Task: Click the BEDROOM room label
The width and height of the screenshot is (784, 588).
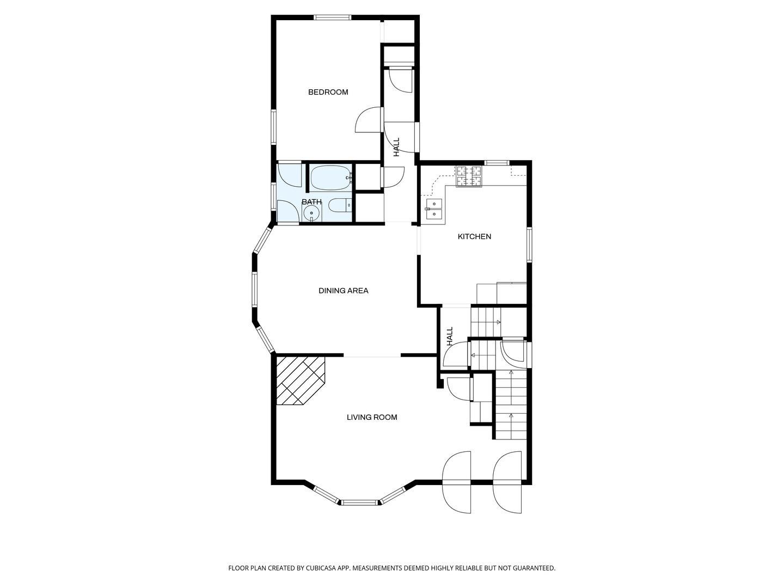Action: pyautogui.click(x=328, y=92)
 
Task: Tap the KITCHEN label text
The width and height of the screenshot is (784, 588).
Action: pyautogui.click(x=474, y=236)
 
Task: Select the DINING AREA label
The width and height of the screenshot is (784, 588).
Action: pyautogui.click(x=343, y=291)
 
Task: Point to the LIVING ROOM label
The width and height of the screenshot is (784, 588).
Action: pyautogui.click(x=372, y=417)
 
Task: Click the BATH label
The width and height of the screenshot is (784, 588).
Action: pyautogui.click(x=311, y=201)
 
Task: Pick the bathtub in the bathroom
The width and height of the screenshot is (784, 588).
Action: pyautogui.click(x=332, y=177)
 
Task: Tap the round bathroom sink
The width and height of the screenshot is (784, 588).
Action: pyautogui.click(x=312, y=213)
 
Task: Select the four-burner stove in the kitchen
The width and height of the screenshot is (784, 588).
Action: pyautogui.click(x=469, y=176)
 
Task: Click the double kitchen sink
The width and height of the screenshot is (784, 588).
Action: pyautogui.click(x=433, y=209)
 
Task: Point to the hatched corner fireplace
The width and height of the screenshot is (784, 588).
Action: pyautogui.click(x=301, y=381)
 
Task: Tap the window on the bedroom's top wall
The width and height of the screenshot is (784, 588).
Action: pyautogui.click(x=333, y=17)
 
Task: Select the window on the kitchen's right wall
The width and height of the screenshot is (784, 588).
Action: pyautogui.click(x=529, y=245)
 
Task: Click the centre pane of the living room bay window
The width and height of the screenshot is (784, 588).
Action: pyautogui.click(x=359, y=503)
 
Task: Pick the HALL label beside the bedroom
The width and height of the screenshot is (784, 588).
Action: pyautogui.click(x=396, y=147)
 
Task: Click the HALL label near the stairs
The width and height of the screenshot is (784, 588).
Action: pyautogui.click(x=449, y=336)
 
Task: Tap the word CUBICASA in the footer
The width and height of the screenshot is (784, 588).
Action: pyautogui.click(x=321, y=568)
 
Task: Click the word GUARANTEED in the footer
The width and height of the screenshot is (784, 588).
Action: pyautogui.click(x=534, y=568)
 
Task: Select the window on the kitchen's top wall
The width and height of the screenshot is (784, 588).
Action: pyautogui.click(x=497, y=163)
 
